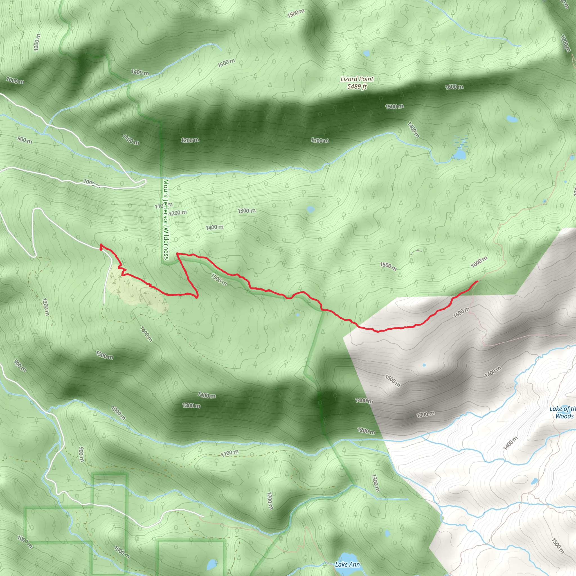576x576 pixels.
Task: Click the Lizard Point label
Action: pos(357,79)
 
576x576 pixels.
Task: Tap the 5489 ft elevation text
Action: pos(357,86)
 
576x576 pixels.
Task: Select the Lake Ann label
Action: pos(347,564)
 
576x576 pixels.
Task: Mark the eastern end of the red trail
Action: pos(478,281)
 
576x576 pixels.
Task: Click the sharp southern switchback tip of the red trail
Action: pos(197,297)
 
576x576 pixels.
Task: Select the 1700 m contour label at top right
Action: pos(565,44)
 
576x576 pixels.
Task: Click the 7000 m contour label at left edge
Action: pos(15,80)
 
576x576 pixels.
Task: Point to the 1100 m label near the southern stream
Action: pos(230,453)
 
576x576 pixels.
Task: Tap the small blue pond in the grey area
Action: pos(424,365)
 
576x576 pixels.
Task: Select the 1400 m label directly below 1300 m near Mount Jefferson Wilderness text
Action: pos(214,227)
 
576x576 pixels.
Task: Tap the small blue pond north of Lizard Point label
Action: pos(366,53)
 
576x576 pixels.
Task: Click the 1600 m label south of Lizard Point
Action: pos(454,87)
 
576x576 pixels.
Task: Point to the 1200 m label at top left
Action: pos(37,42)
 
